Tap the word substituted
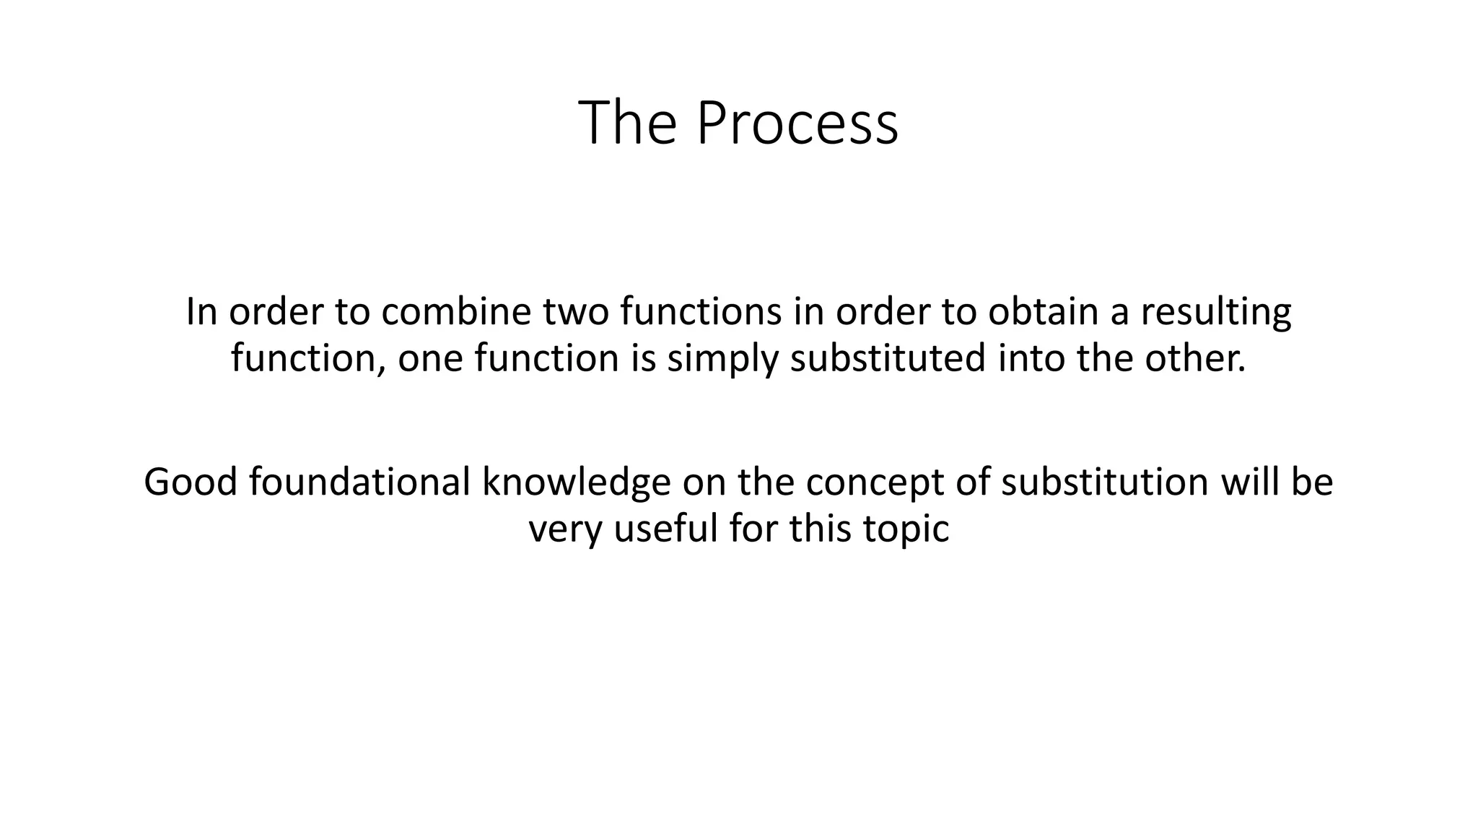(x=888, y=358)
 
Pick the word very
(x=565, y=529)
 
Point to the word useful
(x=665, y=528)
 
